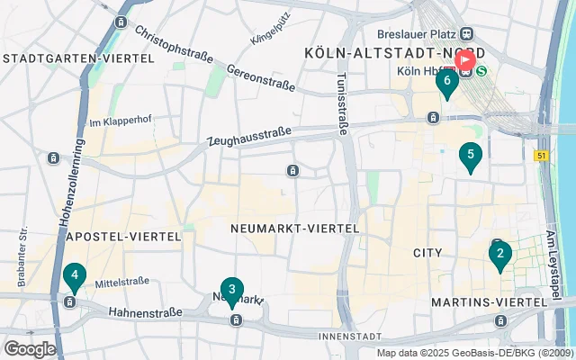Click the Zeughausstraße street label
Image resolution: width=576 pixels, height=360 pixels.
[x=249, y=136]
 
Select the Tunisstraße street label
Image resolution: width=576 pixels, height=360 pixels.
[x=342, y=103]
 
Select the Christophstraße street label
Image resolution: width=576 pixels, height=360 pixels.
[x=175, y=43]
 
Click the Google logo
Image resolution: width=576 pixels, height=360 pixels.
[x=30, y=349]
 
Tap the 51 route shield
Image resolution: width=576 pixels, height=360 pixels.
[x=541, y=155]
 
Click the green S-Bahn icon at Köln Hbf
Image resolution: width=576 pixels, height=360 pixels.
[x=482, y=70]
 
